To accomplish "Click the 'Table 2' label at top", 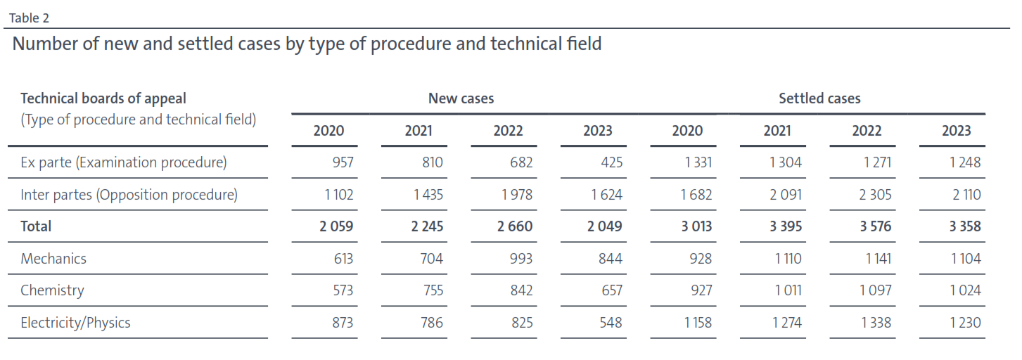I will pyautogui.click(x=29, y=18).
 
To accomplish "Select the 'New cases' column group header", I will pyautogui.click(x=461, y=98).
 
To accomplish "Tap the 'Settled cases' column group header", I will pyautogui.click(x=819, y=98).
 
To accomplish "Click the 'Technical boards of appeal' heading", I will pyautogui.click(x=103, y=98).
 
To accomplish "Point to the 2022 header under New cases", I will pyautogui.click(x=507, y=131).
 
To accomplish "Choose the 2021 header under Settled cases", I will pyautogui.click(x=777, y=131).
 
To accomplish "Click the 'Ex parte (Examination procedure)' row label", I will pyautogui.click(x=124, y=162).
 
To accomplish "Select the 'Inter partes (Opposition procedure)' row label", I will pyautogui.click(x=129, y=195).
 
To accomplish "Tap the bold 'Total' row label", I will pyautogui.click(x=36, y=226).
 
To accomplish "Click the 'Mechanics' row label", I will pyautogui.click(x=53, y=259).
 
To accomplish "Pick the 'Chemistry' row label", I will pyautogui.click(x=52, y=290).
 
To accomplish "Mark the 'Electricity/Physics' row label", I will pyautogui.click(x=75, y=323).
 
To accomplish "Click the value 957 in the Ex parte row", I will pyautogui.click(x=343, y=162).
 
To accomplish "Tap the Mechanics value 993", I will pyautogui.click(x=520, y=259).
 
